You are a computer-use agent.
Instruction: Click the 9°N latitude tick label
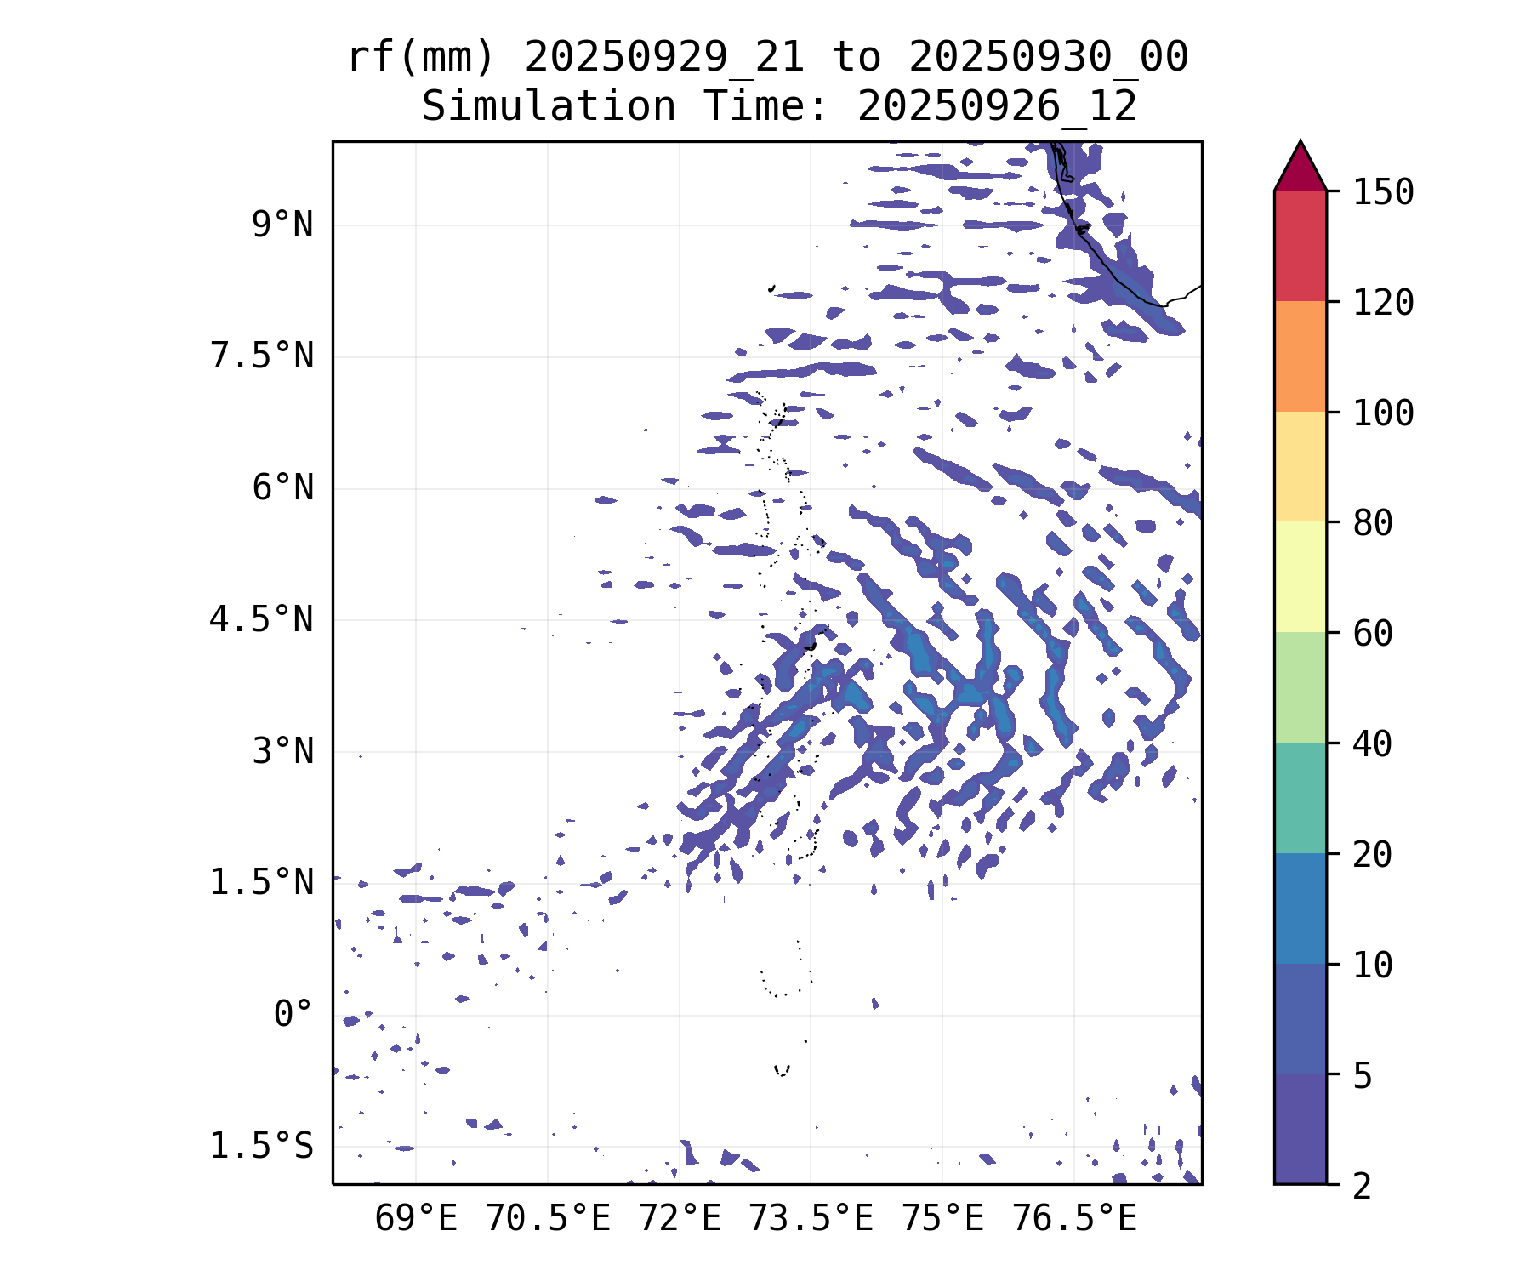pyautogui.click(x=282, y=225)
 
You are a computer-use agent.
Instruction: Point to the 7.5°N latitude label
pyautogui.click(x=262, y=356)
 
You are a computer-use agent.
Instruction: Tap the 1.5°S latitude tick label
pyautogui.click(x=262, y=1147)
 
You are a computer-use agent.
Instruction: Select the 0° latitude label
pyautogui.click(x=293, y=1015)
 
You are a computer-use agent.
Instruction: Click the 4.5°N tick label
pyautogui.click(x=262, y=620)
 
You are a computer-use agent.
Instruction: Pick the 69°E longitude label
pyautogui.click(x=416, y=1219)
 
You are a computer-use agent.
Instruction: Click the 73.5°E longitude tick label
pyautogui.click(x=811, y=1219)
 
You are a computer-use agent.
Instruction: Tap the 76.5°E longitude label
pyautogui.click(x=1073, y=1219)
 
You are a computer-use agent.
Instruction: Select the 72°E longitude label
pyautogui.click(x=680, y=1219)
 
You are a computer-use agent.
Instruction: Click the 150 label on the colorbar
pyautogui.click(x=1384, y=192)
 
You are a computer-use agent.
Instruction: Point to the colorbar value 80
pyautogui.click(x=1373, y=523)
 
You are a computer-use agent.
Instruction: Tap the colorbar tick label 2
pyautogui.click(x=1363, y=1186)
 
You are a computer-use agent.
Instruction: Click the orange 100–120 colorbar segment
pyautogui.click(x=1300, y=356)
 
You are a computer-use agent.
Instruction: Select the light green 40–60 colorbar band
pyautogui.click(x=1300, y=687)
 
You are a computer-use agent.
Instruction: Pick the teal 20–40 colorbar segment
pyautogui.click(x=1300, y=798)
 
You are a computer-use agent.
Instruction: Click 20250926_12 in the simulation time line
pyautogui.click(x=997, y=107)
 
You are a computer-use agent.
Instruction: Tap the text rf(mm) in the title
pyautogui.click(x=421, y=58)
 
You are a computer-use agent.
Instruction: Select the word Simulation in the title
pyautogui.click(x=549, y=107)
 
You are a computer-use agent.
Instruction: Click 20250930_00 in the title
pyautogui.click(x=1048, y=58)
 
